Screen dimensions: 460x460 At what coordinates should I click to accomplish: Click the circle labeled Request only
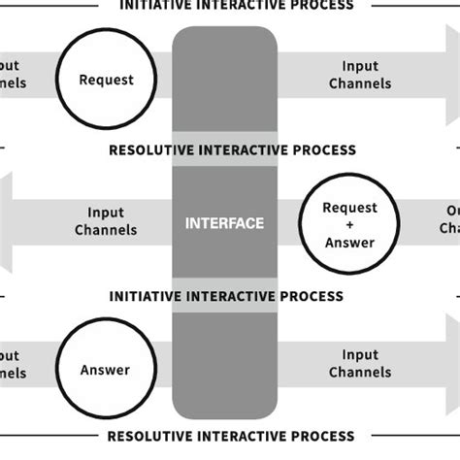[106, 79]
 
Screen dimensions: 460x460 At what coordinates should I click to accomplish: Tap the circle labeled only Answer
[105, 370]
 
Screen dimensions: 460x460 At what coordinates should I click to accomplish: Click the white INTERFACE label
[224, 224]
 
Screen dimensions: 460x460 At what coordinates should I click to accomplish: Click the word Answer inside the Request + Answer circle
[348, 243]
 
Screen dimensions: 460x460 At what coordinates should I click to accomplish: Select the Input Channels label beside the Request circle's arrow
[360, 76]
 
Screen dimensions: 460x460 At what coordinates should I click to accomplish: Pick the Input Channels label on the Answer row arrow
[360, 365]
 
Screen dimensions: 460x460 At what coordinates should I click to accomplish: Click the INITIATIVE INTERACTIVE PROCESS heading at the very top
[236, 5]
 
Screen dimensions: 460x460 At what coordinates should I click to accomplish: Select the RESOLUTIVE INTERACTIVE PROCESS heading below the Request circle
[232, 150]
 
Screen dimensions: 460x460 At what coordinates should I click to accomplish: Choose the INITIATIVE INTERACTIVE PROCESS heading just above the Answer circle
[226, 296]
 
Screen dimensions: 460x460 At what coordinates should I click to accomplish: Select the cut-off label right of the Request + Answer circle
[449, 220]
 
